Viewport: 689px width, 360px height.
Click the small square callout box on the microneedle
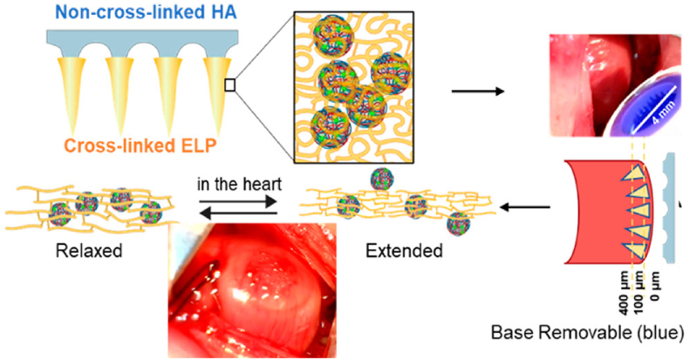point(229,85)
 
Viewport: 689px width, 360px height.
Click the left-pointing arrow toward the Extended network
point(532,207)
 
